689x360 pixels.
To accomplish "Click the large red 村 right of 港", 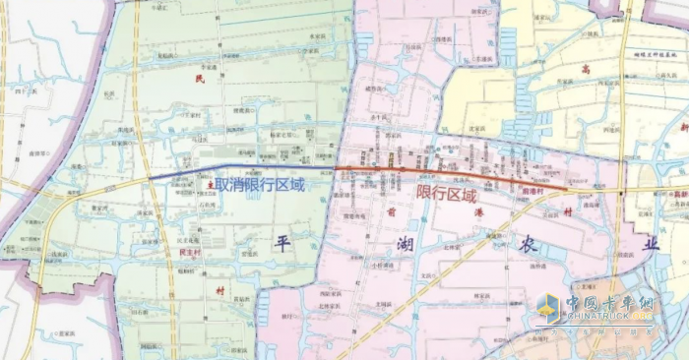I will tap(569, 211).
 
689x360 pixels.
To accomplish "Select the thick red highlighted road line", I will tap(453, 176).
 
